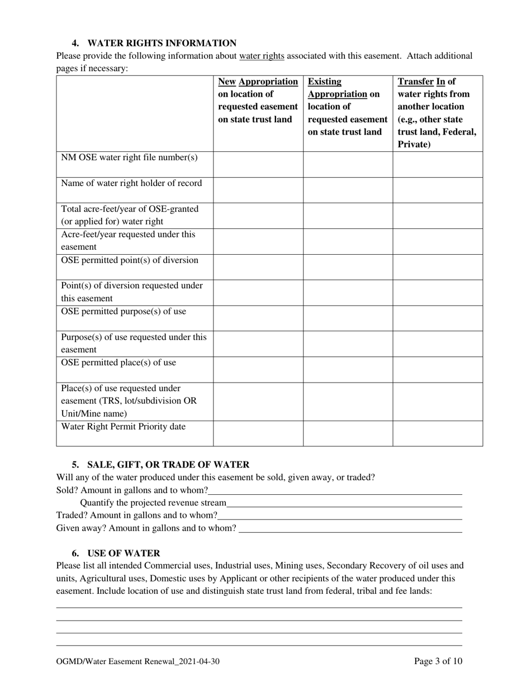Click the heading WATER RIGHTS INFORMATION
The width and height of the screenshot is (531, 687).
click(162, 43)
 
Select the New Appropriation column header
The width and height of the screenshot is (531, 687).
click(258, 101)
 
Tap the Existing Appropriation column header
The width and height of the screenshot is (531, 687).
click(347, 107)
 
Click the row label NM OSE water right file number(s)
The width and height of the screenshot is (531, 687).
click(129, 158)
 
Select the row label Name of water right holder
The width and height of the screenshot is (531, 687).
click(131, 183)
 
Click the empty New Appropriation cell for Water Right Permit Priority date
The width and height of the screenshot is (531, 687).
click(258, 433)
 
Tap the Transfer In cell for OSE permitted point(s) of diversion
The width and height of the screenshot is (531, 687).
click(437, 266)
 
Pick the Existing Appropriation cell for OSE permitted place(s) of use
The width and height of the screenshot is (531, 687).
click(347, 369)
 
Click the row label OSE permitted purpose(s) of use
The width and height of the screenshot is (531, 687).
click(123, 312)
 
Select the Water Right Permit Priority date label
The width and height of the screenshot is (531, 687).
click(123, 427)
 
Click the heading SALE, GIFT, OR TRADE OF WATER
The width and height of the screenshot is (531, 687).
click(168, 465)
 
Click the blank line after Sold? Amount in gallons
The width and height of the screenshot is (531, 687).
click(335, 491)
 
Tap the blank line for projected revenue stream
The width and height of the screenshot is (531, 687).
click(344, 503)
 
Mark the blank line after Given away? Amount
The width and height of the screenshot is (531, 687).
click(350, 528)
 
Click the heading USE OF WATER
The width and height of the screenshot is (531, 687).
click(124, 553)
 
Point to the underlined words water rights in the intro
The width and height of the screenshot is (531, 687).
click(262, 56)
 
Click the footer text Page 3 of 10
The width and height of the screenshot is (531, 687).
click(438, 662)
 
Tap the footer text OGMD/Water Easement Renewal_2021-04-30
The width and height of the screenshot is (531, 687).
click(138, 662)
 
